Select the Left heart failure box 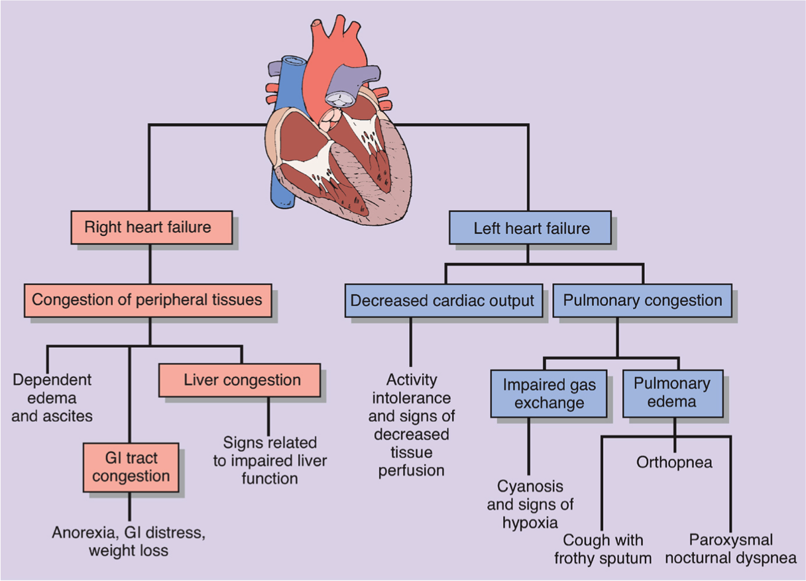pyautogui.click(x=531, y=229)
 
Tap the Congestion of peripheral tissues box pyautogui.click(x=147, y=300)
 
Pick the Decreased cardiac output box pyautogui.click(x=442, y=301)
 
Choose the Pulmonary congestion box pyautogui.click(x=642, y=301)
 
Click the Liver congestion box pyautogui.click(x=242, y=381)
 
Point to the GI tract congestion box pyautogui.click(x=131, y=467)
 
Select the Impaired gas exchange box pyautogui.click(x=549, y=394)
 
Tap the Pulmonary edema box pyautogui.click(x=672, y=392)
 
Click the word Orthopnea pyautogui.click(x=674, y=462)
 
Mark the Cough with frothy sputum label pyautogui.click(x=603, y=549)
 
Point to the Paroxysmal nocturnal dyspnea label pyautogui.click(x=730, y=549)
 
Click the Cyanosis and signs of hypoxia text pyautogui.click(x=530, y=504)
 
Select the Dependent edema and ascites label pyautogui.click(x=52, y=398)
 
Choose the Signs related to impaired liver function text pyautogui.click(x=270, y=460)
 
